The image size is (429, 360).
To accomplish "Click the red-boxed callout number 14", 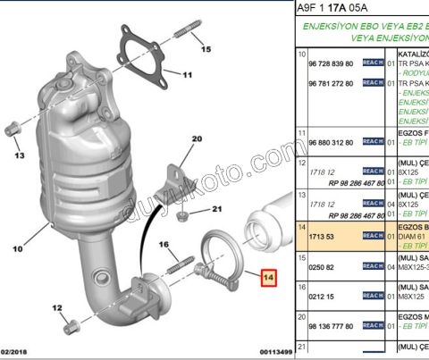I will click(268, 277).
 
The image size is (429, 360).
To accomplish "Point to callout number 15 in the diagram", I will click(206, 48).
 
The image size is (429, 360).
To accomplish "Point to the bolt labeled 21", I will click(181, 214).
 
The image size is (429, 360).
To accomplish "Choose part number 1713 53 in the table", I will click(319, 237).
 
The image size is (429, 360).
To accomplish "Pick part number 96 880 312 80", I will click(330, 143).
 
